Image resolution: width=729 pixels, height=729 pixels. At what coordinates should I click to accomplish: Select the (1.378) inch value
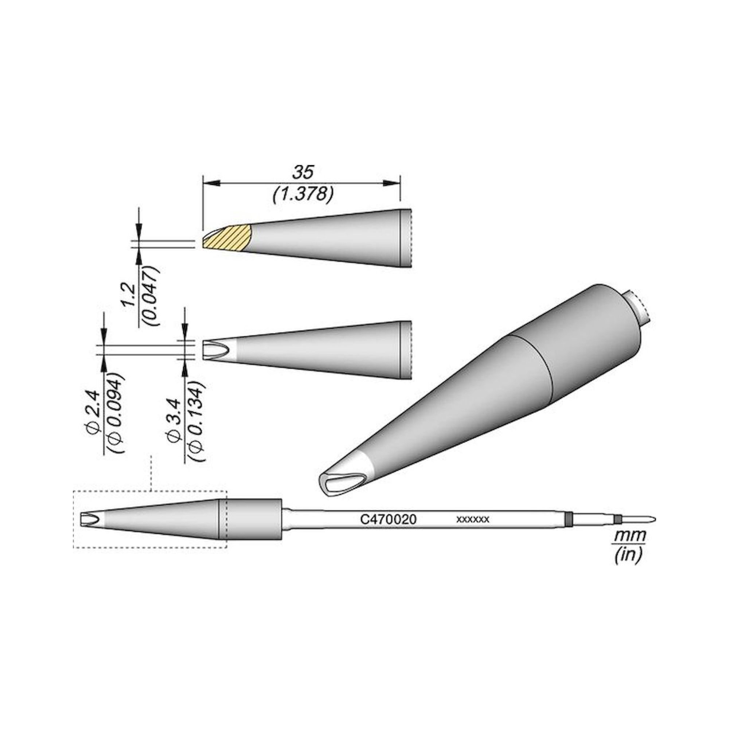coord(303,195)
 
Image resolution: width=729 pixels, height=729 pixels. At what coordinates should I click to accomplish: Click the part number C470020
coord(388,519)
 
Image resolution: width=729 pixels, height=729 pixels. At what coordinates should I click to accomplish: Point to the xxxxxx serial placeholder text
coord(473,519)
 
